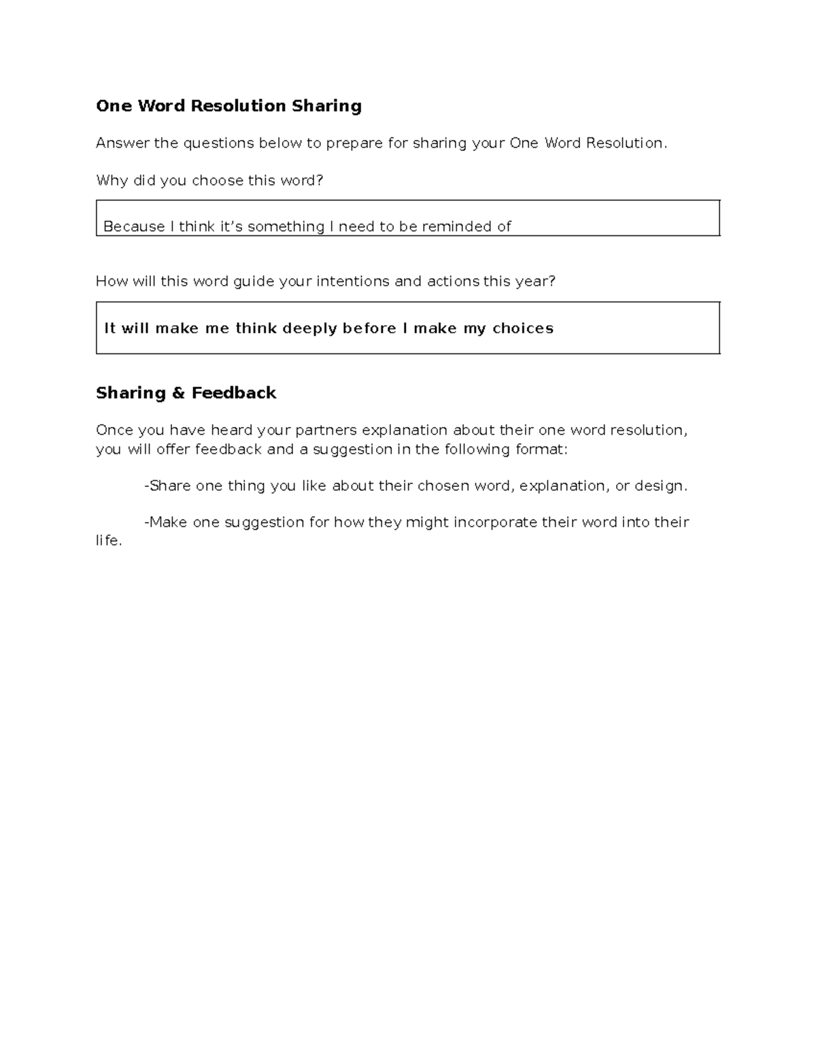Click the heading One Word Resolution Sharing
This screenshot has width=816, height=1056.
pos(228,106)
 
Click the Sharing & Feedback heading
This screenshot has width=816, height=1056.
pos(186,393)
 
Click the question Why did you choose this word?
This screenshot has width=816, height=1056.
pos(209,180)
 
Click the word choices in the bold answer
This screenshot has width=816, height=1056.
pos(523,328)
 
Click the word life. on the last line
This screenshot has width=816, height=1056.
pos(109,541)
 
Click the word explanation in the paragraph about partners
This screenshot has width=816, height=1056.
pos(404,430)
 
